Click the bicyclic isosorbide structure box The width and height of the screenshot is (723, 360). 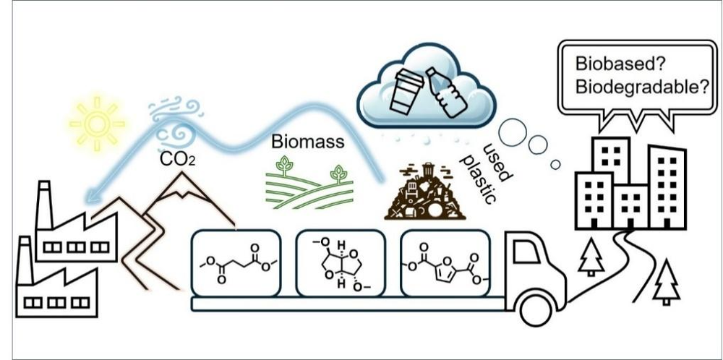click(x=340, y=263)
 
